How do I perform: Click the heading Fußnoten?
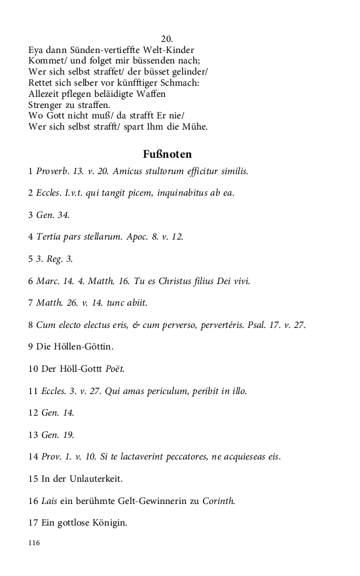(x=167, y=154)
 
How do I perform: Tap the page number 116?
(x=35, y=543)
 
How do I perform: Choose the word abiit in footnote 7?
(x=137, y=303)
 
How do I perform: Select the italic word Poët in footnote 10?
(x=115, y=369)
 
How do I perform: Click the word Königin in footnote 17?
(x=109, y=524)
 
